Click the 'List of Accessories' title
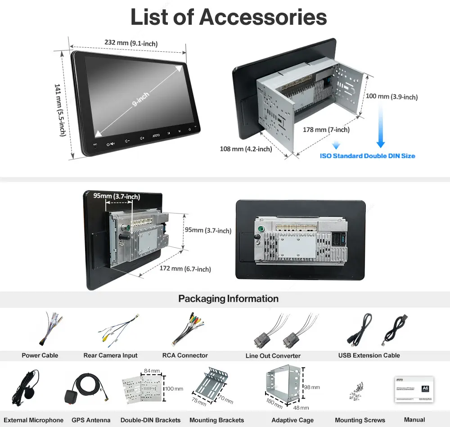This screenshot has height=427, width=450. [229, 17]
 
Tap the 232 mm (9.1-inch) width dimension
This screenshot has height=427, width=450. [131, 43]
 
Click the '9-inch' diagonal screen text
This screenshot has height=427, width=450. [141, 100]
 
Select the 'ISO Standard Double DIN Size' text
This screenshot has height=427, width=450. [367, 156]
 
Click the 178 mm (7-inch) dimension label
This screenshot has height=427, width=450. [326, 130]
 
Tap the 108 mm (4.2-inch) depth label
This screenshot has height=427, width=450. [246, 149]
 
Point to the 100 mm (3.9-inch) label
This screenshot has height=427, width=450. [391, 96]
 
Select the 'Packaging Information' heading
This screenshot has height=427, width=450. [228, 299]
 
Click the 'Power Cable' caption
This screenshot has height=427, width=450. [40, 355]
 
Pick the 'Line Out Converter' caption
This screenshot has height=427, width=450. [273, 356]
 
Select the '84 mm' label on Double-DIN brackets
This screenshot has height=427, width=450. [152, 371]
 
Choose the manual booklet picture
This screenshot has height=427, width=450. [414, 389]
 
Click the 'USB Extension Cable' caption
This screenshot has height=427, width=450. [369, 355]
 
